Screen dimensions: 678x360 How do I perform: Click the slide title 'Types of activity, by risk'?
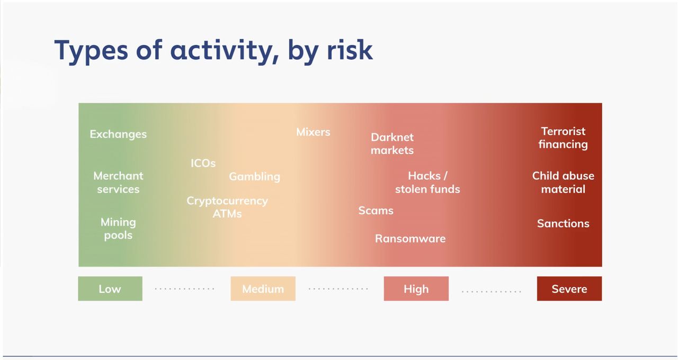pos(213,51)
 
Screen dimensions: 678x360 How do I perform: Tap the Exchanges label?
pos(118,134)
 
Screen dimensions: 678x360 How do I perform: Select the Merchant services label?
pos(118,183)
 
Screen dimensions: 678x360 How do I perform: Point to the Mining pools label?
pos(118,229)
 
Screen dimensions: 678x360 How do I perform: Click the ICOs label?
pos(203,164)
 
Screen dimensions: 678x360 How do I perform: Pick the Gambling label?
pos(255,177)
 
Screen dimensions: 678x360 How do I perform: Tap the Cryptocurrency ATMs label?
pos(227,207)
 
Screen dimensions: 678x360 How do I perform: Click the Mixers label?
pos(313,132)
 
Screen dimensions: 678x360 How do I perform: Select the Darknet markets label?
pos(392,143)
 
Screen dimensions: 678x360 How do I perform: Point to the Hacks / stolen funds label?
pos(427,183)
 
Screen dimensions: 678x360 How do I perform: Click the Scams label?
pos(376,211)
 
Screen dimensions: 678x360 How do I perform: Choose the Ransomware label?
pos(410,239)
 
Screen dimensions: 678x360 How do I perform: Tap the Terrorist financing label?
pos(563,138)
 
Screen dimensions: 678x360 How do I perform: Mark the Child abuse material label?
pos(563,183)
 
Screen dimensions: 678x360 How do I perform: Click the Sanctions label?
pos(563,223)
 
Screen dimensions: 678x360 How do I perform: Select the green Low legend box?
pos(110,289)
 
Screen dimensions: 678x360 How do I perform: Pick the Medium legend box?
pos(263,289)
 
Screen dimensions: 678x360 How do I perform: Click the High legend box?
pos(416,289)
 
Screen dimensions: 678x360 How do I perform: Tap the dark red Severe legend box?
pos(569,289)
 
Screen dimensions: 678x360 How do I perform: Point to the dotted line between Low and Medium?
pos(185,289)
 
